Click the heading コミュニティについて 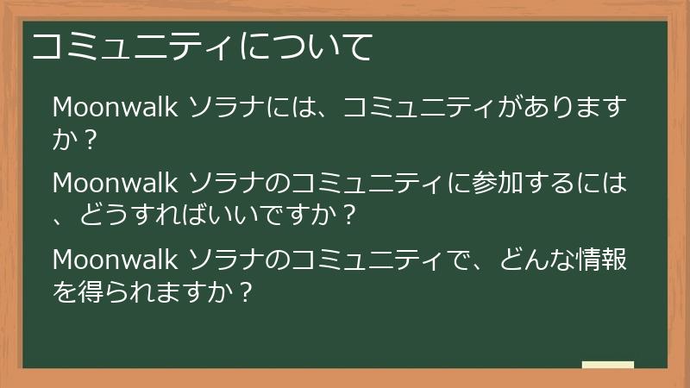pos(202,47)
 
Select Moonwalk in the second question pos(116,183)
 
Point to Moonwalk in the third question pos(116,258)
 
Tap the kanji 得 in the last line pos(97,292)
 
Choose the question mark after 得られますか pos(245,292)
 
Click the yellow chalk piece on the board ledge pos(607,365)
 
